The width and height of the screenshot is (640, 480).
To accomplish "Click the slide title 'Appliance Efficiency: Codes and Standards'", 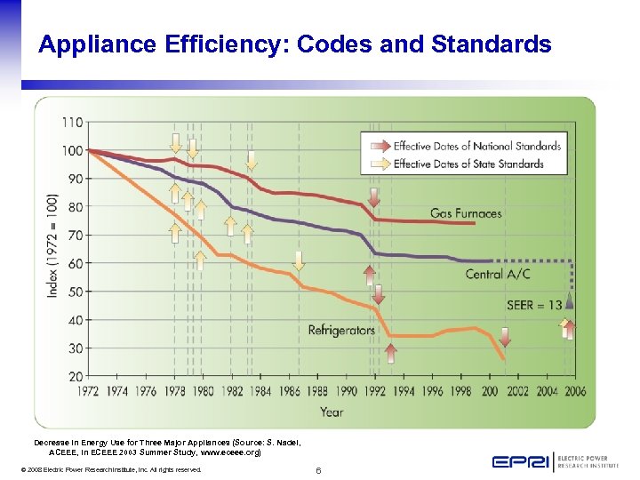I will click(x=294, y=44).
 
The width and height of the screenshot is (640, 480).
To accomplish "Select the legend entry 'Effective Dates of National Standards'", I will click(x=477, y=147).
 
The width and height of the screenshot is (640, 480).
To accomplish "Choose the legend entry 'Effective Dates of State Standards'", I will click(x=468, y=164).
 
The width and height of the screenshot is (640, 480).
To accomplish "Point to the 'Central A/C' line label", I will click(x=498, y=274).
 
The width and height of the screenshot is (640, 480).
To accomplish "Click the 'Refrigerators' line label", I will click(x=341, y=330).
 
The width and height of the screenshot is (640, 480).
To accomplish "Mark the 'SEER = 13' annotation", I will click(x=534, y=305).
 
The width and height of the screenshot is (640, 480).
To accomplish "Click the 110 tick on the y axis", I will click(x=73, y=122).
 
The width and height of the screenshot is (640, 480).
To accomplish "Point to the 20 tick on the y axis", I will click(x=76, y=376).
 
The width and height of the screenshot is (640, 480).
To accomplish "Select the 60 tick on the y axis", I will click(x=76, y=263).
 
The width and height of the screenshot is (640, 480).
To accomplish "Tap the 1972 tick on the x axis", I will click(x=89, y=390).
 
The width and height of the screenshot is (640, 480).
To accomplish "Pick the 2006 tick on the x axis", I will click(x=575, y=390).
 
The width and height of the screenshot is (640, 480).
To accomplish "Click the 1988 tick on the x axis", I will click(x=317, y=390).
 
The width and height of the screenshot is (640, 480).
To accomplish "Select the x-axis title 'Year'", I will click(x=332, y=412).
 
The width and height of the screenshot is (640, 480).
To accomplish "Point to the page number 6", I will click(x=318, y=469).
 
